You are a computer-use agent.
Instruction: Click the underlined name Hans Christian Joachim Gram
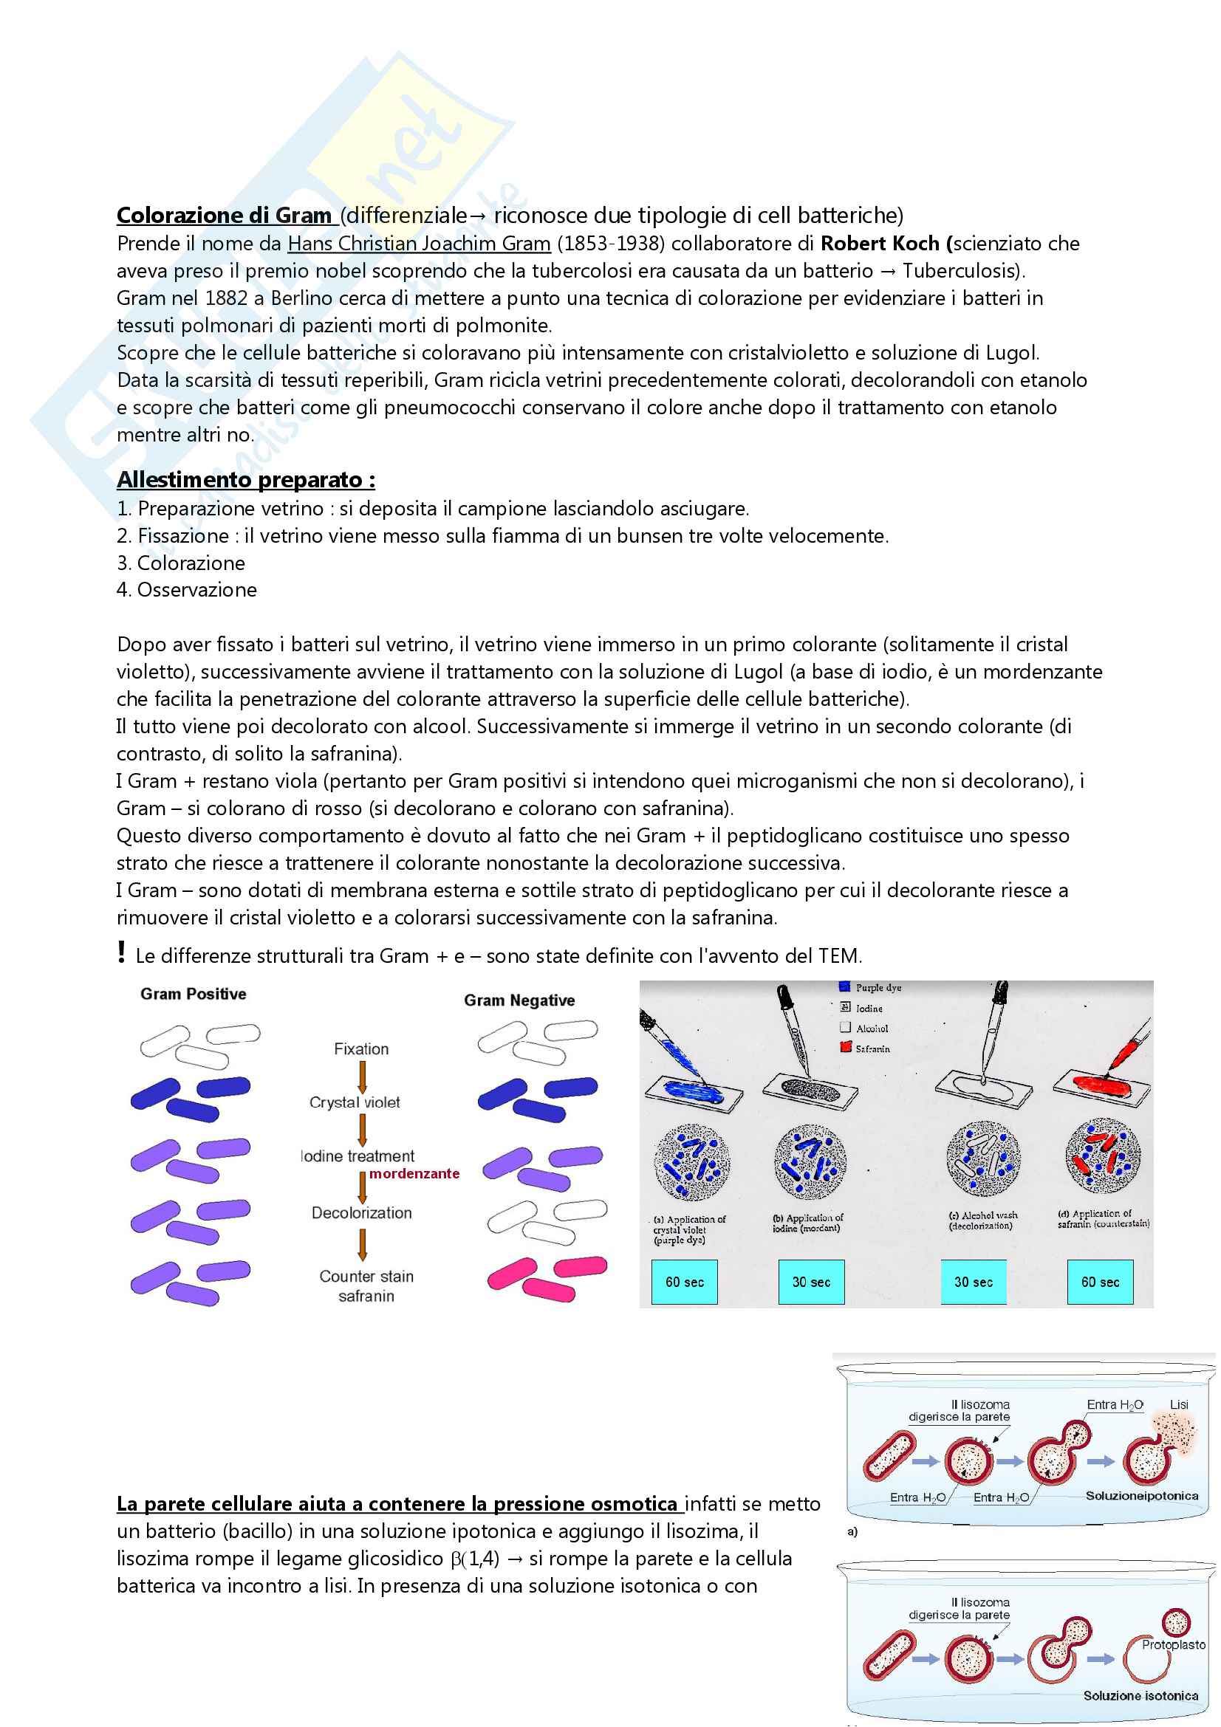click(x=419, y=244)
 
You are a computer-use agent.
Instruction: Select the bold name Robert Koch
click(x=880, y=244)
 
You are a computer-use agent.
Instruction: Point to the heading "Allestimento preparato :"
click(x=246, y=480)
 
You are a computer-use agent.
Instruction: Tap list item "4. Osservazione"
click(x=187, y=590)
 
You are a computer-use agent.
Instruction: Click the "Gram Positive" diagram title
click(x=194, y=995)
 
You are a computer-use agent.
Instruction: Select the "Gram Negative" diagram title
click(x=519, y=1000)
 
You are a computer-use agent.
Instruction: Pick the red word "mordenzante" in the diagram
click(x=414, y=1173)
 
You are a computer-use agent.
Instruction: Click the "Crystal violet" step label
click(x=355, y=1102)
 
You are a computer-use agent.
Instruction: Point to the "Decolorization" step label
click(x=362, y=1212)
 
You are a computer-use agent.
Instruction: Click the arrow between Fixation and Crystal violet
click(x=362, y=1077)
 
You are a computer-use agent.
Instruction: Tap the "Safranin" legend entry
click(x=872, y=1048)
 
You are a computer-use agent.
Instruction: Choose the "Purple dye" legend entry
click(x=878, y=988)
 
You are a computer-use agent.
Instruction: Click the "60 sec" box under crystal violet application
click(x=684, y=1282)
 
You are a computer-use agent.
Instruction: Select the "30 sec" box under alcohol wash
click(x=974, y=1282)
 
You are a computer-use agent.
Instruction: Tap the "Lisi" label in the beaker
click(x=1179, y=1405)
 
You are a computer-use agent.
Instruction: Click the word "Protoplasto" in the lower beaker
click(x=1173, y=1645)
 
